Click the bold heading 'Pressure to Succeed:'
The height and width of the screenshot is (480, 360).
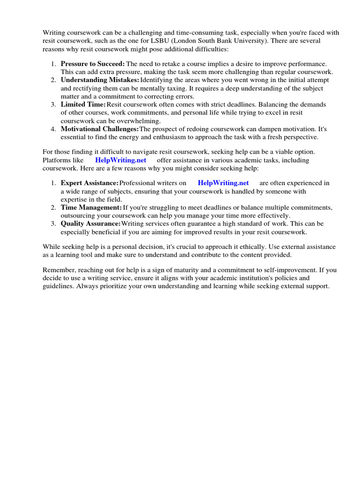pos(92,63)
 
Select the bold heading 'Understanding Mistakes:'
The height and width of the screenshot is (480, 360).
pos(100,80)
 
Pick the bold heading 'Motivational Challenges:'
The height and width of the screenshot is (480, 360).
pos(100,129)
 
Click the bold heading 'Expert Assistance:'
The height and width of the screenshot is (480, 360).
pos(90,183)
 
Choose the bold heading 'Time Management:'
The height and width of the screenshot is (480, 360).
pos(91,207)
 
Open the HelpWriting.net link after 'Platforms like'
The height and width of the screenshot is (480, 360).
pos(120,160)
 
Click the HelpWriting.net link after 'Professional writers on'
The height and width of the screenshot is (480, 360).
pos(223,183)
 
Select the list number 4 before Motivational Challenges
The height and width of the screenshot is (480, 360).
pos(53,129)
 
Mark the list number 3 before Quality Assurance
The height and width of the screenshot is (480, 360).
pos(53,224)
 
